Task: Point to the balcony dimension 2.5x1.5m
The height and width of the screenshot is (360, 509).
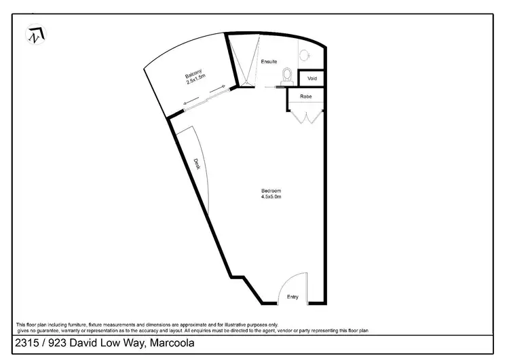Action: click(197, 82)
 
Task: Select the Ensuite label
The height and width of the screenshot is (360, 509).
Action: click(269, 62)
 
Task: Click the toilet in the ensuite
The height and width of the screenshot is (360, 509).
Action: click(287, 75)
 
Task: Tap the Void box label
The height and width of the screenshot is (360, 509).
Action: click(312, 79)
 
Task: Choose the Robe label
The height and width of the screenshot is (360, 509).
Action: click(306, 97)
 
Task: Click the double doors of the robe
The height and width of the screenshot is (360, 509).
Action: click(305, 118)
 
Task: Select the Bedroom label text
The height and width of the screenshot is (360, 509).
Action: click(271, 190)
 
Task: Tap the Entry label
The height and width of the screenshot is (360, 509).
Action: click(293, 297)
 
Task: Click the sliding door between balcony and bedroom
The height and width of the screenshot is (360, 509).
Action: click(204, 97)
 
